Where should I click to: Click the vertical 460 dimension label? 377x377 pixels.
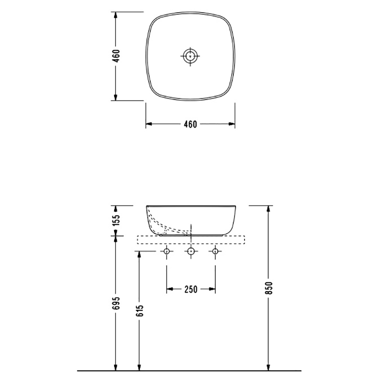click(116, 56)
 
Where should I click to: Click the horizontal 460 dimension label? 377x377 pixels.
click(190, 124)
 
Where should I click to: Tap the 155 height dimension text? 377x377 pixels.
click(116, 220)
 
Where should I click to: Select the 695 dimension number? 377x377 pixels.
click(116, 303)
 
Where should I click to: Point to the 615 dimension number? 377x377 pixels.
click(139, 311)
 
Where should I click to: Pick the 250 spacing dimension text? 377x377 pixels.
click(191, 289)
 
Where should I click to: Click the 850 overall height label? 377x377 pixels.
click(269, 288)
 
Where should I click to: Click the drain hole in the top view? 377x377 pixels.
click(190, 56)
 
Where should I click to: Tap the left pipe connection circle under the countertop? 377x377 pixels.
click(167, 252)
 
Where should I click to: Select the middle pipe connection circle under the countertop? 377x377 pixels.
click(191, 252)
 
